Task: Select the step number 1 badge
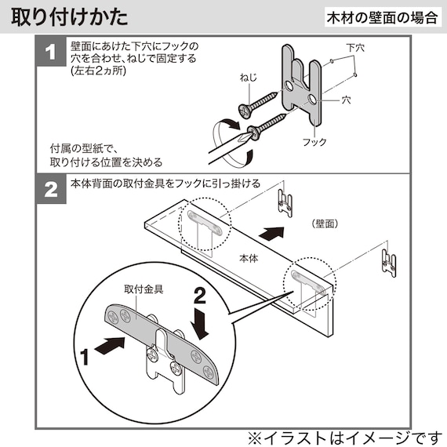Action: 52,53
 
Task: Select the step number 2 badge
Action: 52,190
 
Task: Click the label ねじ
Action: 249,78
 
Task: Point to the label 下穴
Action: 354,49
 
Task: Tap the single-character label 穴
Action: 346,100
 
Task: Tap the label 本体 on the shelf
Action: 248,257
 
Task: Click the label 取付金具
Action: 143,289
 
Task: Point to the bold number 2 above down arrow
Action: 200,294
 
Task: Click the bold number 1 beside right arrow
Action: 84,355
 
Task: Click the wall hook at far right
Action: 390,262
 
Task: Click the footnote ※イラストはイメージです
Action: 345,434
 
